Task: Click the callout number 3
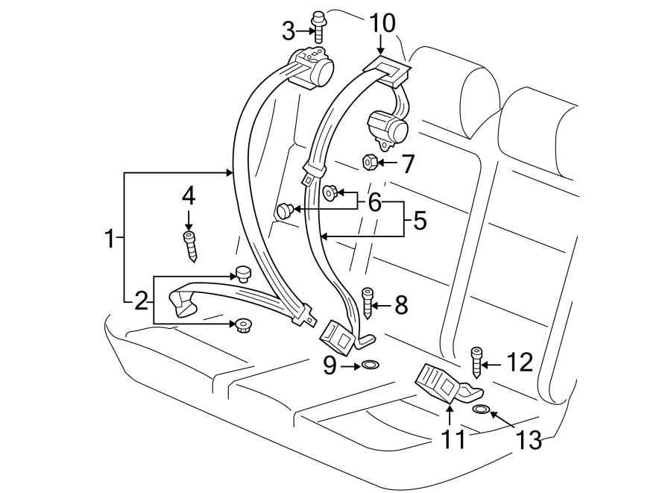pyautogui.click(x=289, y=31)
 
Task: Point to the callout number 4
pyautogui.click(x=189, y=196)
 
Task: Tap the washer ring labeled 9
pyautogui.click(x=369, y=365)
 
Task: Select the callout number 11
pyautogui.click(x=451, y=439)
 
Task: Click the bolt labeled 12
pyautogui.click(x=475, y=362)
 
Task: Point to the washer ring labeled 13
pyautogui.click(x=482, y=409)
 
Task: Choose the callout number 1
pyautogui.click(x=109, y=239)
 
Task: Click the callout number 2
pyautogui.click(x=141, y=302)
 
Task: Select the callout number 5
pyautogui.click(x=420, y=221)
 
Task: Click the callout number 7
pyautogui.click(x=407, y=163)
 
